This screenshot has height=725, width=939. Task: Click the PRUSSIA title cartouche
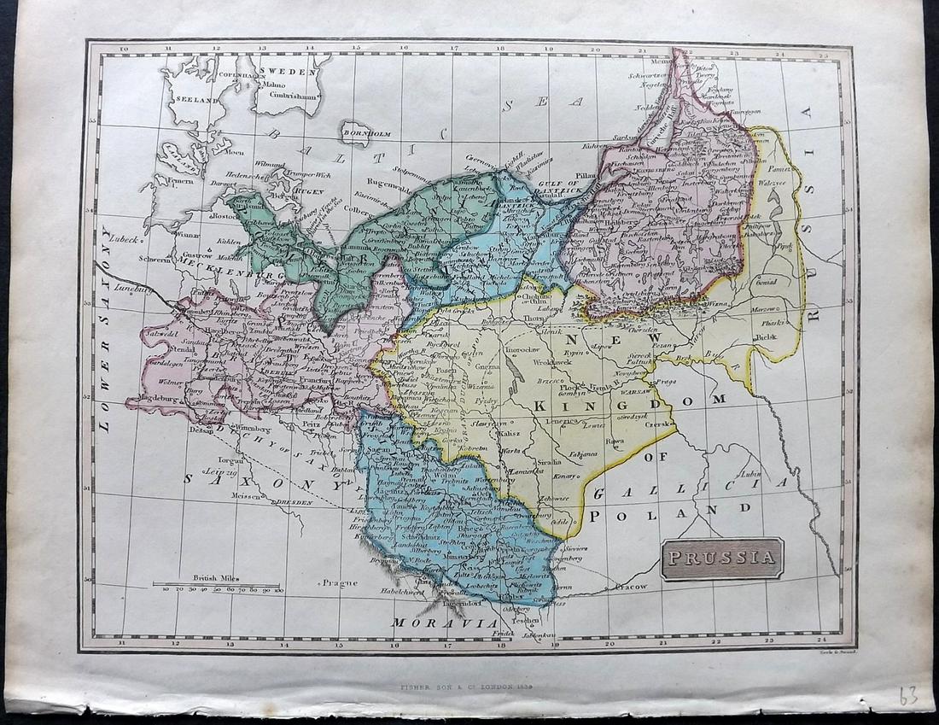coord(722,559)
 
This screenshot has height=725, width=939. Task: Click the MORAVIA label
coord(444,623)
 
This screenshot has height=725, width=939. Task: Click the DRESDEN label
coord(291,501)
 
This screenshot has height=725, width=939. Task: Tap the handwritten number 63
coord(907,695)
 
